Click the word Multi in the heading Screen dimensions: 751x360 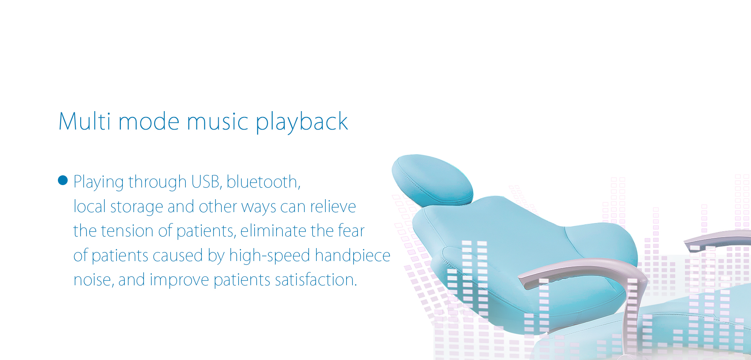[85, 121]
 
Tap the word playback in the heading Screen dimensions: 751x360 [302, 122]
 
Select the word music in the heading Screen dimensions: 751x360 [217, 121]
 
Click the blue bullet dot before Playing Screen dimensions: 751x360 [63, 180]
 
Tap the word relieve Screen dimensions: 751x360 [333, 206]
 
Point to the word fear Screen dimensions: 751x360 [351, 230]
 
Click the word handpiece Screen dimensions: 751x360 [352, 256]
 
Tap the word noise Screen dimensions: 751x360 [94, 280]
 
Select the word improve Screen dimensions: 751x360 [179, 281]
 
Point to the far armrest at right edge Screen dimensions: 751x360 [718, 238]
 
